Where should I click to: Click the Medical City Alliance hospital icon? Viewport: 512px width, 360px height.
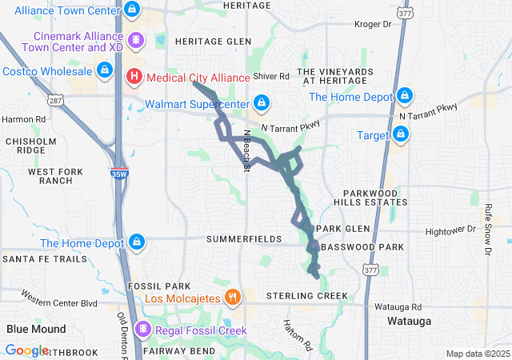[134, 76]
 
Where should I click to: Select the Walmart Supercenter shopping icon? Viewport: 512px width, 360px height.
[261, 102]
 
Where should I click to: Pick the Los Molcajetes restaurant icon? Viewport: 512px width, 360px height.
[232, 297]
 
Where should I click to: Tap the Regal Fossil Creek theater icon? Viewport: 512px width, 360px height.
[143, 329]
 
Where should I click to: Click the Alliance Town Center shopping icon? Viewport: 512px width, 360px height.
[133, 10]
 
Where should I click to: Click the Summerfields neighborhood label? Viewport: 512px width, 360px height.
[243, 239]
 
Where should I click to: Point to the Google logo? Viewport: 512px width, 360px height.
[26, 350]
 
